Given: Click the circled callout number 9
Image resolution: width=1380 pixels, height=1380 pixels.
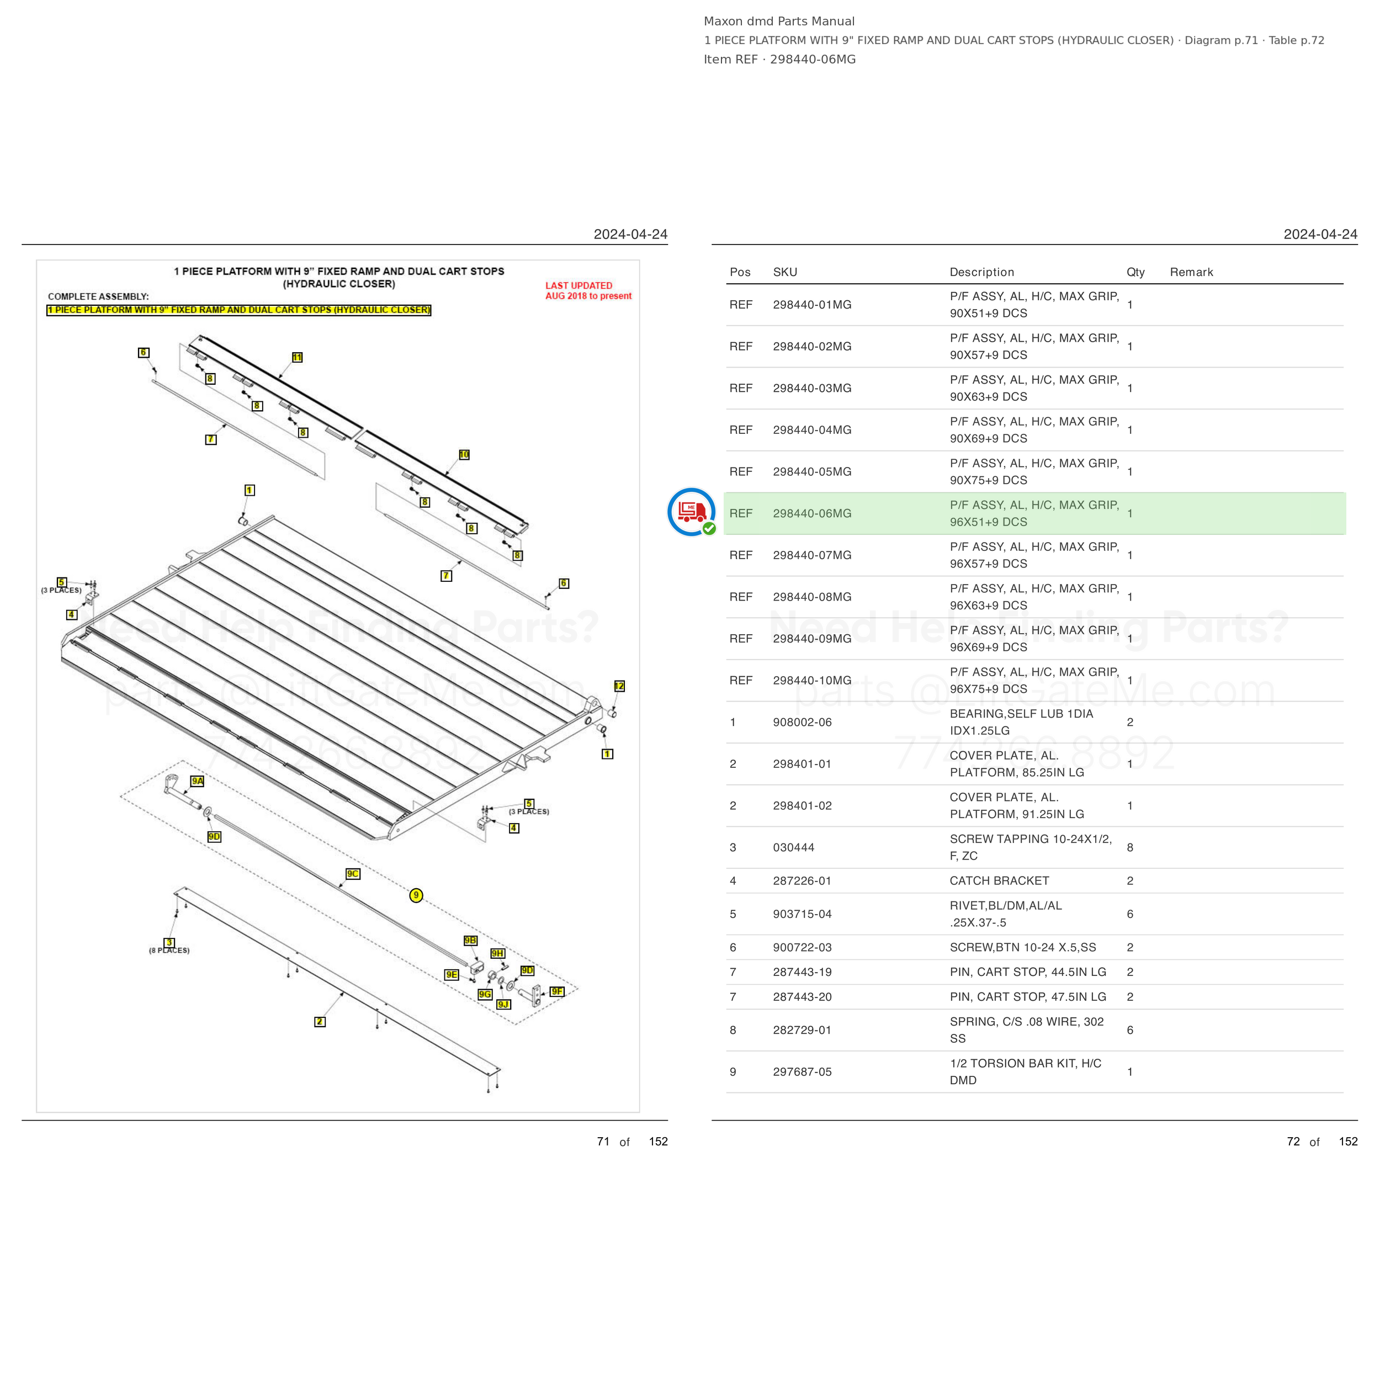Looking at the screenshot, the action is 416,895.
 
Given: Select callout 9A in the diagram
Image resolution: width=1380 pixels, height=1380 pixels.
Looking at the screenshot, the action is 197,781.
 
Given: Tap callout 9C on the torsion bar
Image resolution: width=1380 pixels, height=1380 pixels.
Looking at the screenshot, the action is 353,874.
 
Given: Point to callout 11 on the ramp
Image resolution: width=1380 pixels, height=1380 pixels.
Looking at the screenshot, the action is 297,357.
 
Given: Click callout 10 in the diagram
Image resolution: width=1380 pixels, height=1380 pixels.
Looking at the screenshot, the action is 464,454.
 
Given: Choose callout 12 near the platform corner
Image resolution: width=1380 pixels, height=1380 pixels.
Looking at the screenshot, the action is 619,686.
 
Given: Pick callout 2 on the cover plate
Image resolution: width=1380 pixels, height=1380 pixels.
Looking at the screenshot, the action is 320,1021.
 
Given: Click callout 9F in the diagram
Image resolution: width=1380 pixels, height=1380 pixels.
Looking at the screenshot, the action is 557,991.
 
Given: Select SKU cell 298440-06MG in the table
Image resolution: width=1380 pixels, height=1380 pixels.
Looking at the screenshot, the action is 812,513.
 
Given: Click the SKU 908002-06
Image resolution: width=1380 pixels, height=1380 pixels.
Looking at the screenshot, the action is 802,722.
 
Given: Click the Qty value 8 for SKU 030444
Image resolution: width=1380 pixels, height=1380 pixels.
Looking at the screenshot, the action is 1130,847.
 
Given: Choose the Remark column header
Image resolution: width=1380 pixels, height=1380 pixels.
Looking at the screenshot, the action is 1191,272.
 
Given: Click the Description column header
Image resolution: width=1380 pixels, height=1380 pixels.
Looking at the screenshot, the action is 982,272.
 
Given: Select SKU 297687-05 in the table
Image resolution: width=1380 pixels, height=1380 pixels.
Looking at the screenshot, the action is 802,1071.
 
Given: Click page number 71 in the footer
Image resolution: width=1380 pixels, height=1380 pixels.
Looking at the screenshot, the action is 603,1142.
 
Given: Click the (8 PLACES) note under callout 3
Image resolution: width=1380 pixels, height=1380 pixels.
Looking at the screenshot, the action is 169,950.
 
